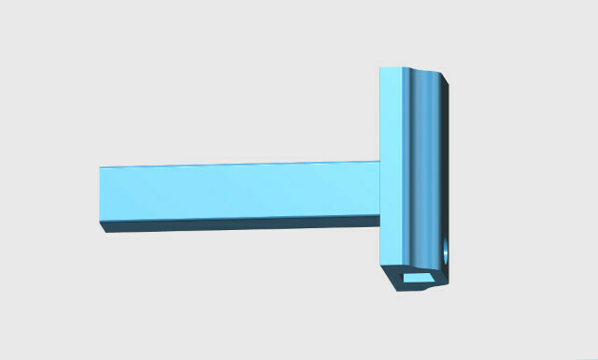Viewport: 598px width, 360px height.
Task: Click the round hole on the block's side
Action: (445, 252)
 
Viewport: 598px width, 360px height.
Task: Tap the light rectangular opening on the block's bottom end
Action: (418, 278)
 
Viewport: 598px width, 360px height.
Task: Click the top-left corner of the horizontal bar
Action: (100, 168)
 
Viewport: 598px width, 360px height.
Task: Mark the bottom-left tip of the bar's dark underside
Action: (108, 230)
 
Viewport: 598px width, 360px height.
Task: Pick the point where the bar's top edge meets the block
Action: (379, 162)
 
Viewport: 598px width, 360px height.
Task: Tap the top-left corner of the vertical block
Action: (380, 67)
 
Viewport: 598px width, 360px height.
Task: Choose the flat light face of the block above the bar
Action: (391, 112)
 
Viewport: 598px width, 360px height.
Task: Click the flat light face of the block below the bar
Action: (391, 243)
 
